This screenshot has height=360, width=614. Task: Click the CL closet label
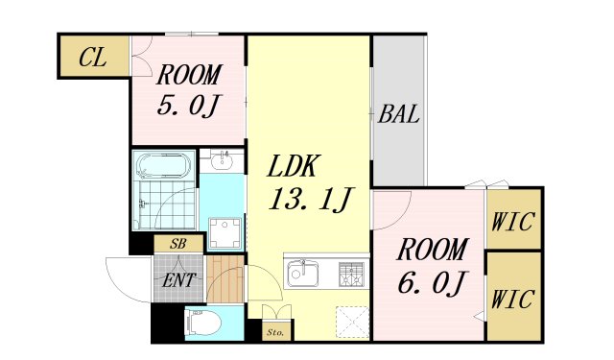[92, 58]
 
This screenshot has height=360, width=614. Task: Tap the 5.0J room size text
[190, 103]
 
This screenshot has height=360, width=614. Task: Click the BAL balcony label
[398, 115]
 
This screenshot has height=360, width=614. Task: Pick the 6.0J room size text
[433, 284]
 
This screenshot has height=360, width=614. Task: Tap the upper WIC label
[513, 221]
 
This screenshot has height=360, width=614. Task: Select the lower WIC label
[513, 299]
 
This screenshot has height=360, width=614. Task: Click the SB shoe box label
[177, 245]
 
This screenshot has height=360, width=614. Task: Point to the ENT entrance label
[178, 280]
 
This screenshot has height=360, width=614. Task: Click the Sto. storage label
[275, 333]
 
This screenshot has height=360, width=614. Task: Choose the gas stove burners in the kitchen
[351, 274]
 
